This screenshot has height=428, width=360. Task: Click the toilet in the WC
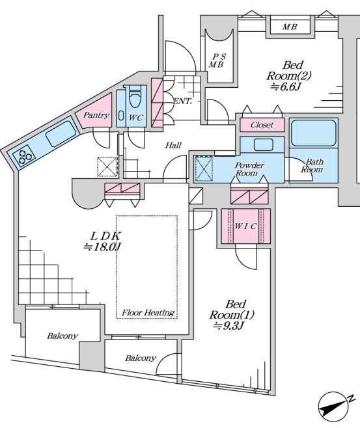coord(134,97)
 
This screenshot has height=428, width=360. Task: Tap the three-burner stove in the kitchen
coord(24,156)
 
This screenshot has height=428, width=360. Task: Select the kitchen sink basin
coord(61,133)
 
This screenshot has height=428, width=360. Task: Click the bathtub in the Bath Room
coord(313,133)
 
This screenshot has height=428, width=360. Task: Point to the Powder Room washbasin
coord(263,144)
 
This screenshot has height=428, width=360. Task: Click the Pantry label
coord(96,115)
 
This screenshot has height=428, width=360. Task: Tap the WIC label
coord(245,226)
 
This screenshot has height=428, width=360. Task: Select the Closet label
coord(262,125)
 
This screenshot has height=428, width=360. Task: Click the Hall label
coord(173,145)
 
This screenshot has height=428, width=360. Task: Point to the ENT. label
coord(182,101)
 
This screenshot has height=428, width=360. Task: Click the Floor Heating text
coord(148,312)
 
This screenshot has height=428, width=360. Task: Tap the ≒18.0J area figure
coord(102,247)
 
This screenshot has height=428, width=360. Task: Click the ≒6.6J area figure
coord(286,87)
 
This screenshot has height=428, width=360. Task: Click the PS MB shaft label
coord(217,60)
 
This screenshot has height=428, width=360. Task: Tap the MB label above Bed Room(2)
coord(290,27)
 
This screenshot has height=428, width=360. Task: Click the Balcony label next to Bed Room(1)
coord(141,358)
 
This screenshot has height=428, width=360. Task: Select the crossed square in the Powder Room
coord(204,168)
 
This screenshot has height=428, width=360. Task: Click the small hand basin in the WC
coord(121,114)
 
